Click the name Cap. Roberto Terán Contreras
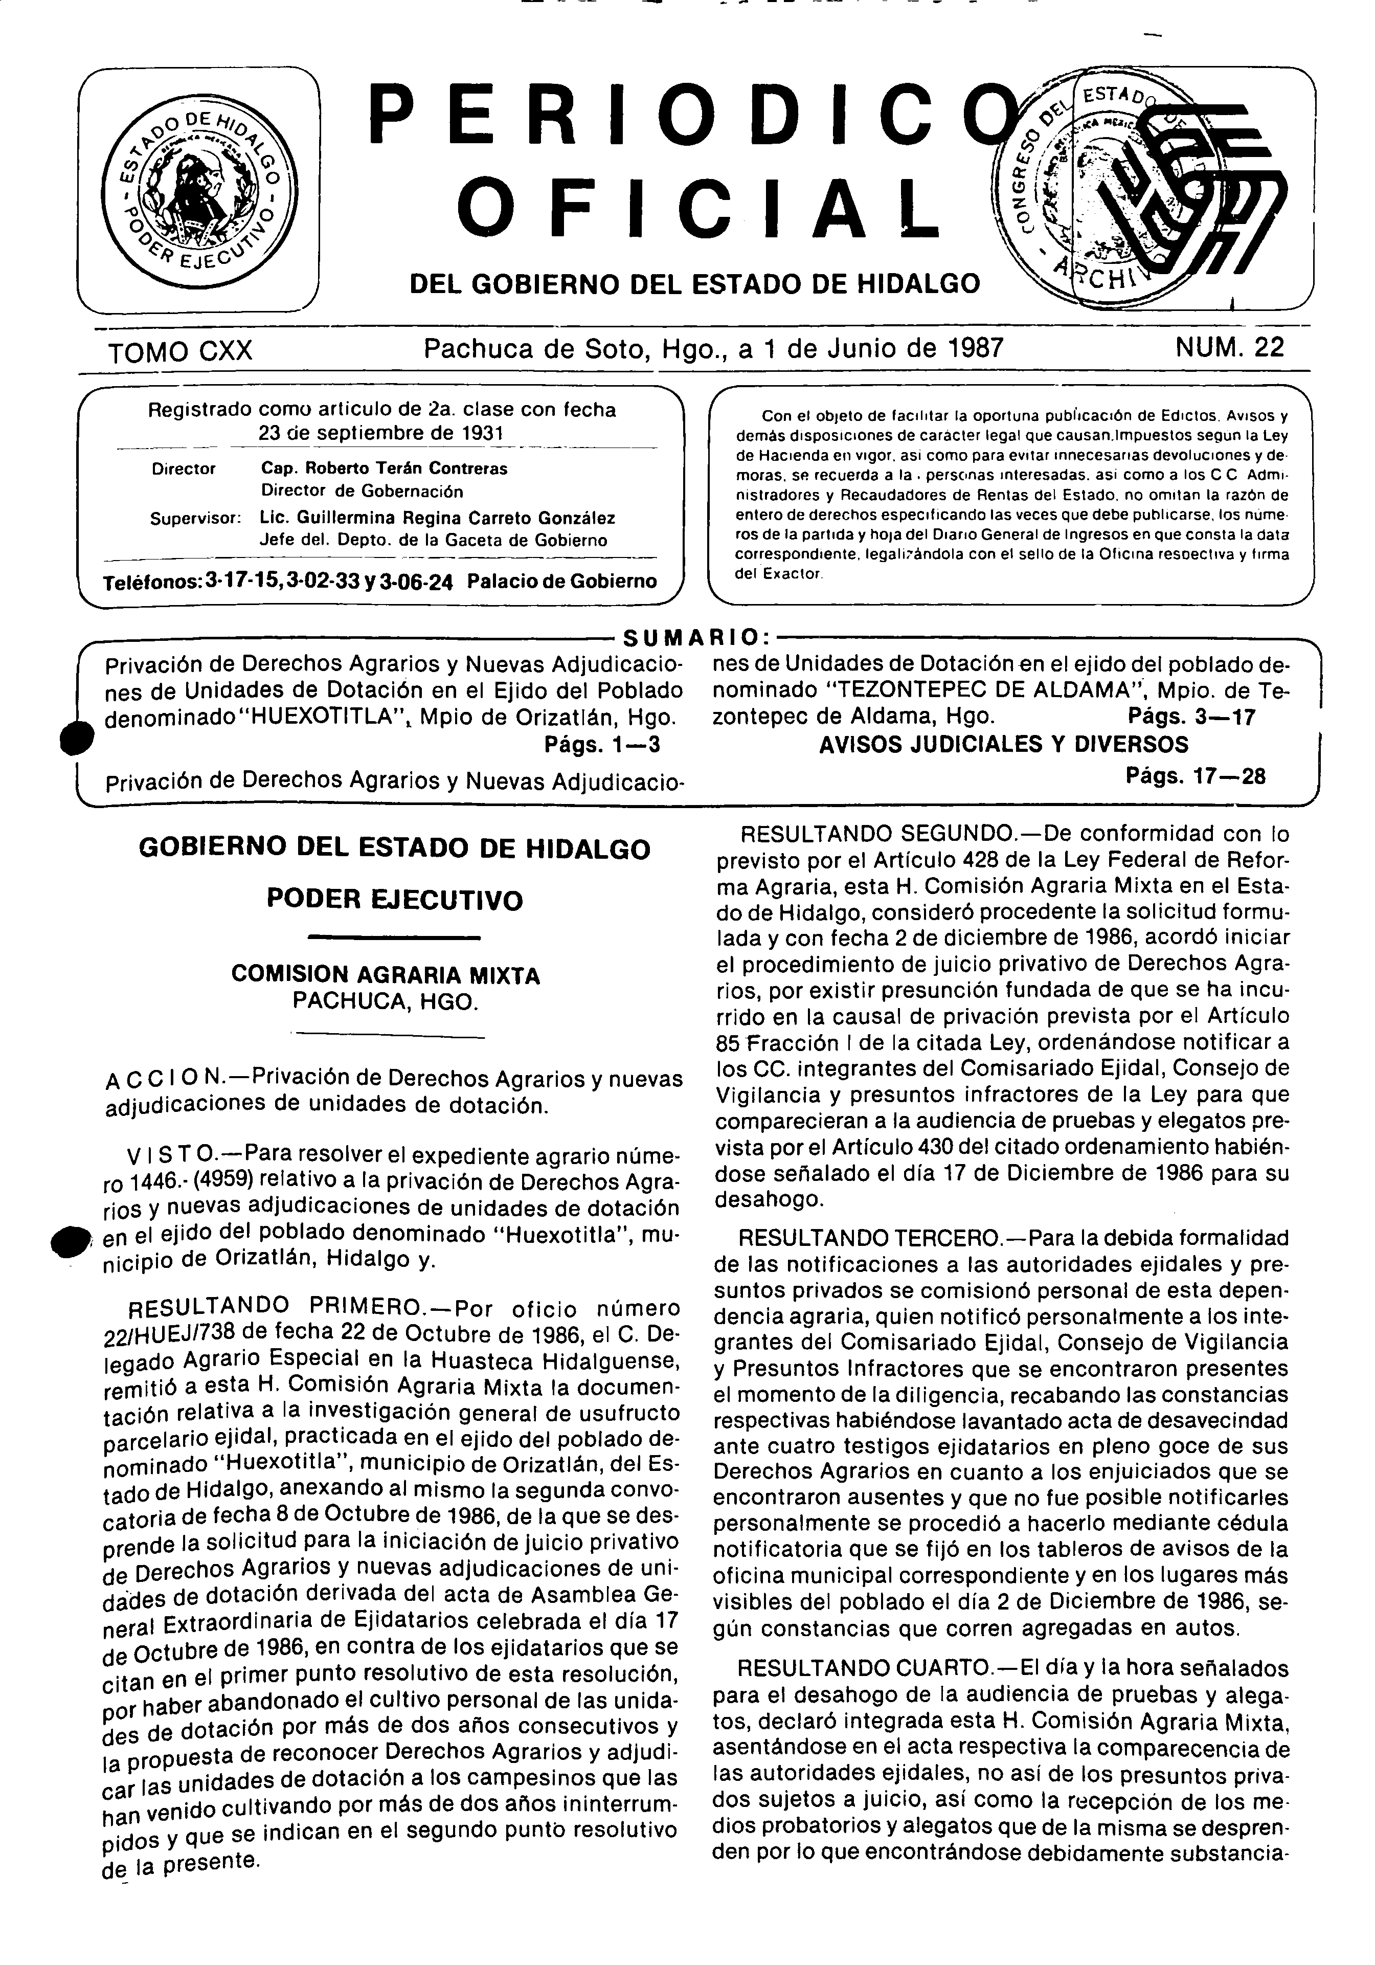[x=384, y=469]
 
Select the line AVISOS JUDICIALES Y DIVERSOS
[x=1004, y=745]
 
